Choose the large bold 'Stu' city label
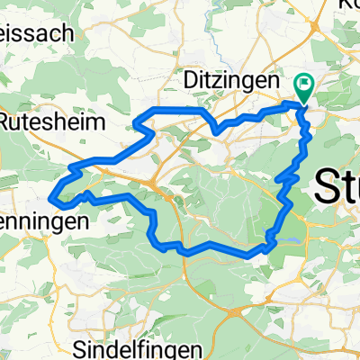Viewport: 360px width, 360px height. click(x=337, y=190)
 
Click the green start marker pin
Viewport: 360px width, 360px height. click(x=303, y=87)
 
